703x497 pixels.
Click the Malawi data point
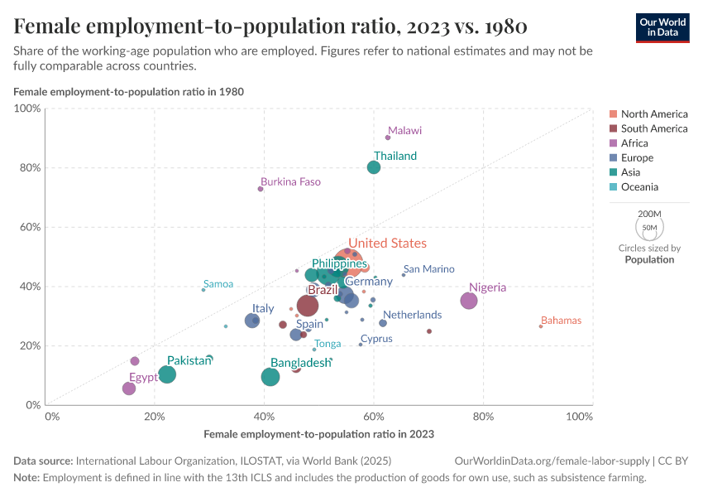coord(388,138)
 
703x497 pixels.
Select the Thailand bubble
coord(374,167)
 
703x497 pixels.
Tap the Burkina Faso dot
coord(261,189)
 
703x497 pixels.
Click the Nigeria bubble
coord(469,301)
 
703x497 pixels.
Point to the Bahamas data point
coord(541,326)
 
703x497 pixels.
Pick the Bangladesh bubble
coord(270,377)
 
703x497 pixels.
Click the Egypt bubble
coord(128,388)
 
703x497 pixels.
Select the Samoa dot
coord(203,290)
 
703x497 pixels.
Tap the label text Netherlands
coord(412,315)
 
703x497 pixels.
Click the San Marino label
coord(428,269)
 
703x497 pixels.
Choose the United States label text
coord(387,244)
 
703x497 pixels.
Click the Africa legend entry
coord(634,143)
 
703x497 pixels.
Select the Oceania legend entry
coord(639,187)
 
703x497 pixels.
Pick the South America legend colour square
coord(613,128)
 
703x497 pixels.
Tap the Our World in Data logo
coord(662,27)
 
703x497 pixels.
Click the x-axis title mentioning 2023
coord(318,433)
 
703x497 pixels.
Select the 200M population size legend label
coord(649,214)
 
